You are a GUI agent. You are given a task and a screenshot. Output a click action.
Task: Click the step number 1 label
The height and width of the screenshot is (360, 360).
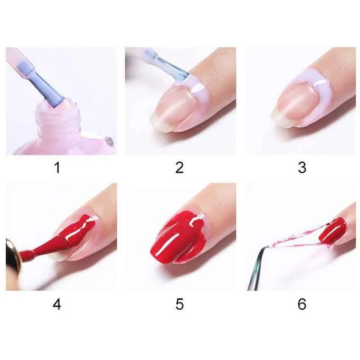pos(58,167)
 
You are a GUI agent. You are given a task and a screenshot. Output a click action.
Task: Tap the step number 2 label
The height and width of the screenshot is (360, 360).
pos(180,167)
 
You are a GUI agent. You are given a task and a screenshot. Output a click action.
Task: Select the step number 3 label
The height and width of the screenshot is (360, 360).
pos(302,167)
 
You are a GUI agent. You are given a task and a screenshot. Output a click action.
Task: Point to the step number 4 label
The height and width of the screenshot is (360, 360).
pos(57,304)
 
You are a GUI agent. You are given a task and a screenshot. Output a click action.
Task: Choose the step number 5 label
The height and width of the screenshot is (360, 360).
pos(180,304)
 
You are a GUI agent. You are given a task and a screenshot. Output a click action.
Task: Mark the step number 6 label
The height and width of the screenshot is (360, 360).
pos(302,304)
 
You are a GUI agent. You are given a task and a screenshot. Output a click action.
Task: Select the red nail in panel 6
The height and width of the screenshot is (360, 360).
pos(333,229)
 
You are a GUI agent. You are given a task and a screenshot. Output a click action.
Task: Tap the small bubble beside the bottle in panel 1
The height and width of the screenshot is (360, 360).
pos(109,140)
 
